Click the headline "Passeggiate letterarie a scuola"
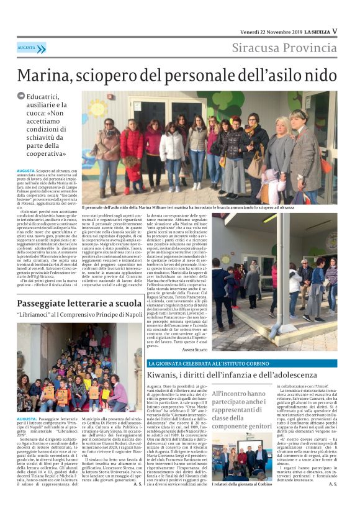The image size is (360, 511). (x=79, y=304)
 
